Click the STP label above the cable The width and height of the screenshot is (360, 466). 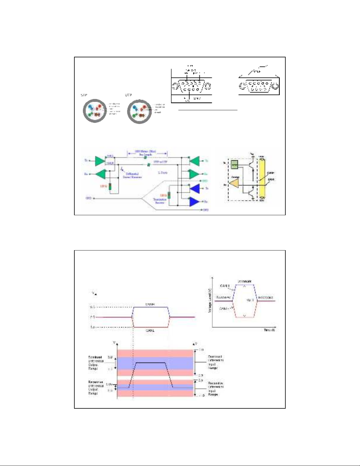pyautogui.click(x=84, y=95)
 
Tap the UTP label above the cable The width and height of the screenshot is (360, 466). pyautogui.click(x=128, y=95)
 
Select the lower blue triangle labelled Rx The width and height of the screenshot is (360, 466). pyautogui.click(x=194, y=202)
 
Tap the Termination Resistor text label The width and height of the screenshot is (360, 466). pyautogui.click(x=160, y=201)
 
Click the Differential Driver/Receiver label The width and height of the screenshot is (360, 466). pyautogui.click(x=132, y=176)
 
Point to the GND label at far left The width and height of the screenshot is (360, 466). pyautogui.click(x=88, y=198)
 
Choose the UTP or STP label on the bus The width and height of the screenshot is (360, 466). pyautogui.click(x=161, y=162)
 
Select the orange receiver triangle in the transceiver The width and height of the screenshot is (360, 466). pyautogui.click(x=235, y=184)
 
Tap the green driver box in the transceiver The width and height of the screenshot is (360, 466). pyautogui.click(x=234, y=165)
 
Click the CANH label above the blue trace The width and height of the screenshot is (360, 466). pyautogui.click(x=150, y=305)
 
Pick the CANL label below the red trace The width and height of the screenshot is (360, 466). pyautogui.click(x=150, y=330)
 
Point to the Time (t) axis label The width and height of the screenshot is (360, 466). pyautogui.click(x=269, y=330)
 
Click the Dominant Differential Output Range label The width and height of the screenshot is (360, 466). pyautogui.click(x=96, y=363)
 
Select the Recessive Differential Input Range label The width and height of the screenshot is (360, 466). pyautogui.click(x=216, y=389)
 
